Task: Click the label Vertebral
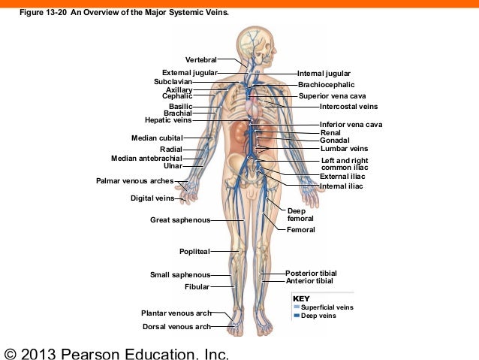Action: click(x=200, y=59)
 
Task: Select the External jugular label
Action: click(x=189, y=73)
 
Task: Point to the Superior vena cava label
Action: click(x=332, y=96)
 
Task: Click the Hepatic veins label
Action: click(x=168, y=120)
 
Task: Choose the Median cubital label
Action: click(x=157, y=138)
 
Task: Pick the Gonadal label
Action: click(x=334, y=141)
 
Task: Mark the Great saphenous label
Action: click(x=179, y=221)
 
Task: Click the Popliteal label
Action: click(x=194, y=251)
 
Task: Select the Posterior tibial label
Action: click(x=311, y=273)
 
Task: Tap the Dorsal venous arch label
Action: click(x=176, y=327)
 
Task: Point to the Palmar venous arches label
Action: click(x=134, y=181)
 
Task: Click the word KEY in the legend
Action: click(x=300, y=299)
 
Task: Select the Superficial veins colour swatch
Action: click(x=297, y=307)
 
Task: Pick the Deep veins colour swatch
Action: click(x=297, y=316)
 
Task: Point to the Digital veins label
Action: click(x=152, y=199)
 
